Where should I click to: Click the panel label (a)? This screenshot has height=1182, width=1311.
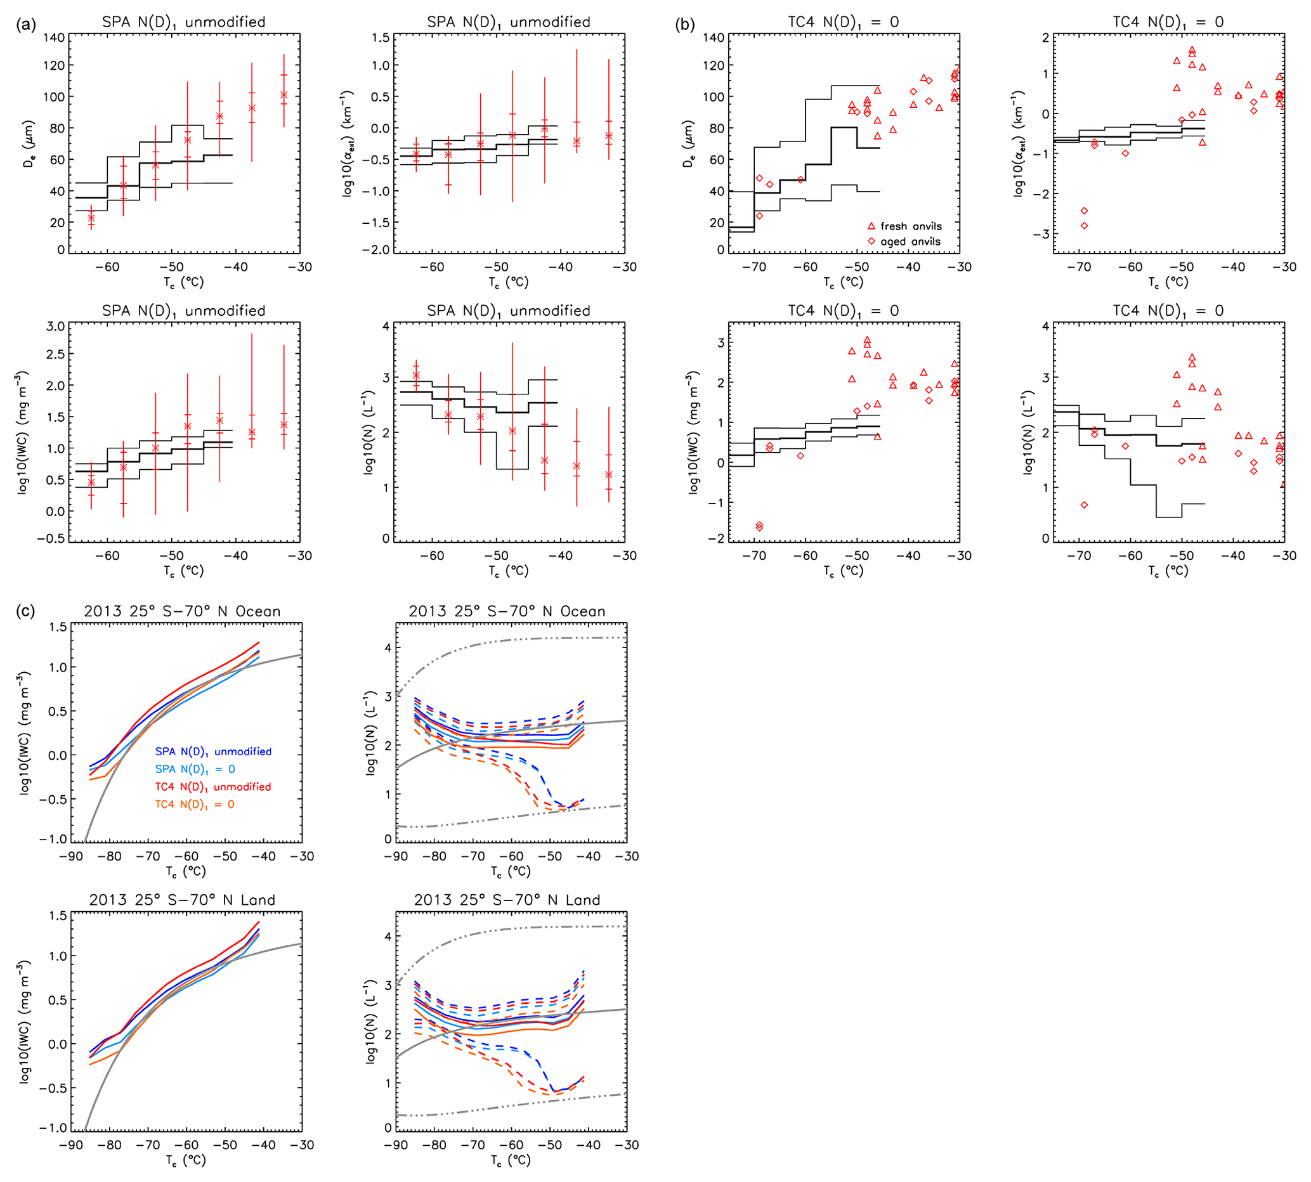pos(25,25)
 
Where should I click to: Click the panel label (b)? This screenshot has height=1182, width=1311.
pos(685,25)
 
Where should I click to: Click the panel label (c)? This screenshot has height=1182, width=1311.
pos(25,611)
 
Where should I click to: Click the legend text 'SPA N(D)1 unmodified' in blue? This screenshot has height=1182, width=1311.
pos(213,751)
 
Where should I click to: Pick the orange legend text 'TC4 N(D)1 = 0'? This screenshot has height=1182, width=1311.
pos(195,804)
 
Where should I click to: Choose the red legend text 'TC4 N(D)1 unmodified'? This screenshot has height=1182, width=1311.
pos(213,786)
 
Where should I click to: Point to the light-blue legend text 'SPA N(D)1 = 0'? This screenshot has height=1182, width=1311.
pos(195,769)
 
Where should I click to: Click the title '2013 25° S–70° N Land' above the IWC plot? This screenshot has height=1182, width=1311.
pos(182,899)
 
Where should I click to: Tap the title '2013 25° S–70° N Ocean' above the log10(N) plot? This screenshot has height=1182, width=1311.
pos(507,611)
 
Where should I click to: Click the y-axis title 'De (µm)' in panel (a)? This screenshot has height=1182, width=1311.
pos(29,144)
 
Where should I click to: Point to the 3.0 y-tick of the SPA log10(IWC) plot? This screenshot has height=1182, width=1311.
pos(55,326)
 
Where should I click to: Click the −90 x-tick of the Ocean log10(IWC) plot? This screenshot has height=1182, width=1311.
pos(72,856)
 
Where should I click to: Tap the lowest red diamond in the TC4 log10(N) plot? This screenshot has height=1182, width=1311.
pos(1084,505)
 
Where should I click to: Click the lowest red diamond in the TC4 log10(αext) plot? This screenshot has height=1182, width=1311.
pos(1084,225)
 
